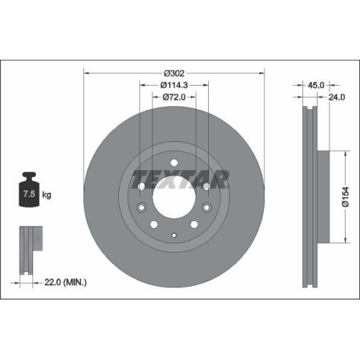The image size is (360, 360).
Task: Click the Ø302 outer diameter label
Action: tap(174, 73)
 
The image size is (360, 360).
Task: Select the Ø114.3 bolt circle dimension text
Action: tap(174, 85)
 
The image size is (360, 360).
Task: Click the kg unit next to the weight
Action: tap(48, 195)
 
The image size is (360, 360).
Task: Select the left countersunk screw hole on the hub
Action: tap(143, 186)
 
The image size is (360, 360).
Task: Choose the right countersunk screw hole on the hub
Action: tap(207, 186)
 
